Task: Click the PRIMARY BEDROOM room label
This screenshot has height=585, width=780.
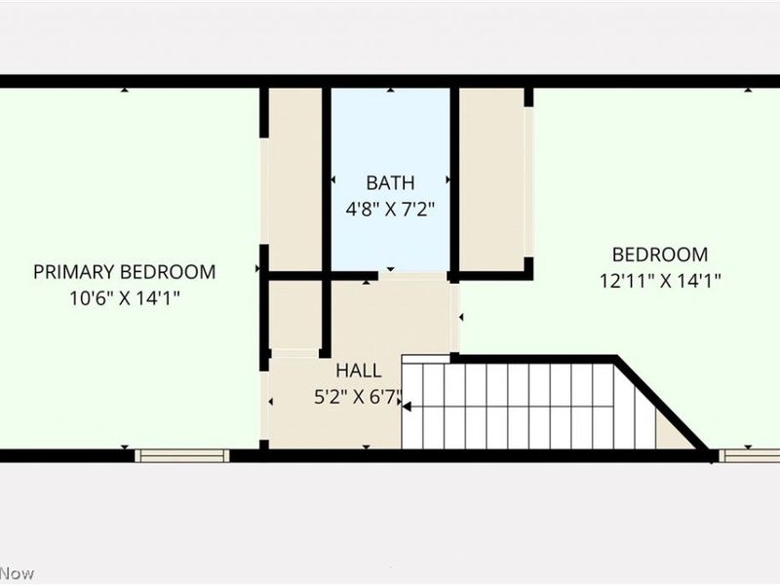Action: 125,272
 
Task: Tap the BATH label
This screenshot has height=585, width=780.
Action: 390,182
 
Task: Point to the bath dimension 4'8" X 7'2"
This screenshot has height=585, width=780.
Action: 390,208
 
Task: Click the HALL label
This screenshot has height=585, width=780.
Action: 359,370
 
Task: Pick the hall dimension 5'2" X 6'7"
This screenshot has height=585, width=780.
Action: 358,397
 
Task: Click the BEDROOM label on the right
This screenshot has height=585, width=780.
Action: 660,254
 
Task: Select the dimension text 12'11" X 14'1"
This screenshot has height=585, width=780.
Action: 660,281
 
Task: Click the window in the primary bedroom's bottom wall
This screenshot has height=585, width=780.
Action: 182,455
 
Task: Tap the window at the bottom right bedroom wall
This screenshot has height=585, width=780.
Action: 749,455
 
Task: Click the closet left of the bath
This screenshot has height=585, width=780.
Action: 294,180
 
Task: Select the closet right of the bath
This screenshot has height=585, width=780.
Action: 492,180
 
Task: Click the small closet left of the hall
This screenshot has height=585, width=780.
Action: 294,315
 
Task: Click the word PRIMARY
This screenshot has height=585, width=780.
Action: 72,272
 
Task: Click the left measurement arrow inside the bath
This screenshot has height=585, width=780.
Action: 332,180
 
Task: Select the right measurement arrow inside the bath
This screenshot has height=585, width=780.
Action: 448,180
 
